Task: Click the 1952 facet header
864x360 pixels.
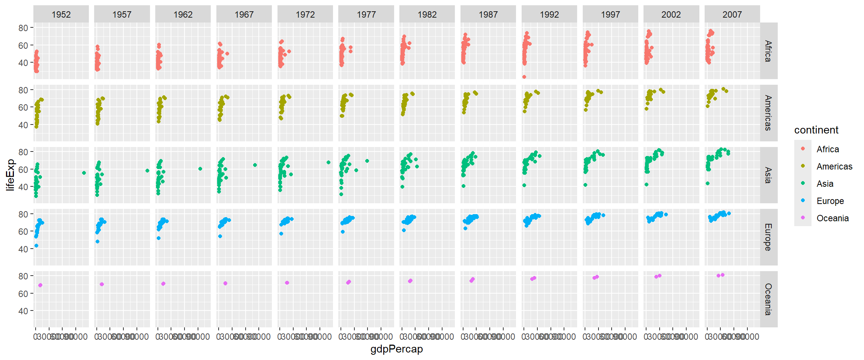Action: (x=61, y=15)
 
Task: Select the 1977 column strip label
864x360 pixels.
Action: (x=366, y=15)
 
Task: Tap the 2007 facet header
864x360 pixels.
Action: (x=732, y=15)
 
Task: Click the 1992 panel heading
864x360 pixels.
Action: (x=549, y=15)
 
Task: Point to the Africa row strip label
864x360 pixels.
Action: (x=768, y=51)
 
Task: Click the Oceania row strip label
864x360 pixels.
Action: (x=768, y=299)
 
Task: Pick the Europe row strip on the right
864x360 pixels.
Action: (x=768, y=237)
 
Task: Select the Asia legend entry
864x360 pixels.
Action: (x=825, y=184)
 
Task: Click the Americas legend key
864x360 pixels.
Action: (x=803, y=166)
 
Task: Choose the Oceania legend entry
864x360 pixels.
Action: (x=832, y=218)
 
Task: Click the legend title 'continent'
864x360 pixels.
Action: (x=816, y=130)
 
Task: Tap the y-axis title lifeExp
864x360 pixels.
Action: (x=10, y=175)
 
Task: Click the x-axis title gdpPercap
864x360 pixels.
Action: (x=396, y=349)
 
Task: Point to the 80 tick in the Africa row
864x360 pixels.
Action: (x=23, y=28)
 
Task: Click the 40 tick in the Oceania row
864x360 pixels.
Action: (x=23, y=311)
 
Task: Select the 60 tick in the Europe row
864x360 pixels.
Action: (x=23, y=231)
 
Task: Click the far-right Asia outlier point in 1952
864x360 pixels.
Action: (x=84, y=173)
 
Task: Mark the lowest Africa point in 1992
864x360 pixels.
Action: (x=524, y=77)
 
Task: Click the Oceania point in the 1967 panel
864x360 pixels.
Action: (x=225, y=283)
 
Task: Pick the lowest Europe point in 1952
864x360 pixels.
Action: (x=36, y=246)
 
